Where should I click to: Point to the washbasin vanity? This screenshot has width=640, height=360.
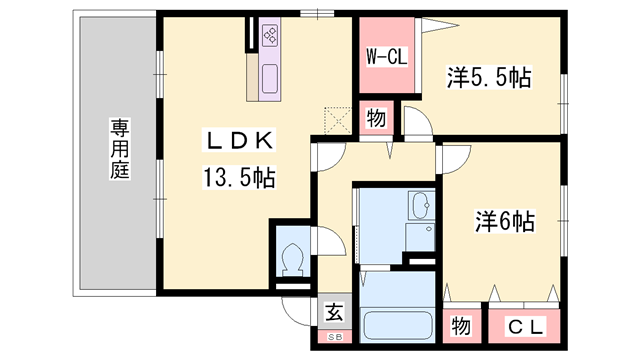coord(420,207)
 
